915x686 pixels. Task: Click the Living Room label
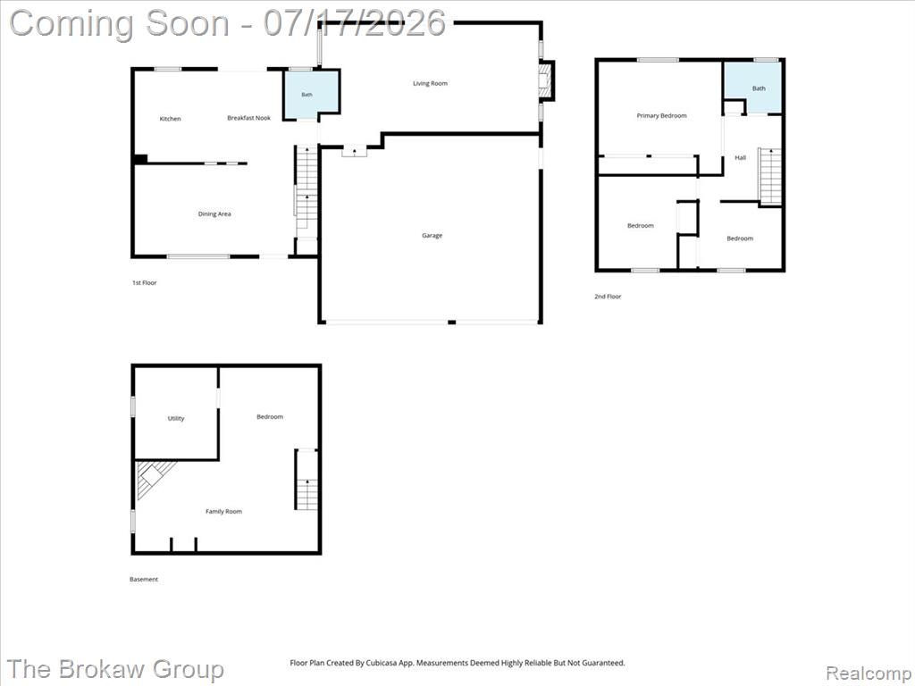pyautogui.click(x=430, y=83)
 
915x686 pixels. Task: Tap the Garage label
pyautogui.click(x=432, y=236)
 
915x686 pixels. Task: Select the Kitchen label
pyautogui.click(x=171, y=119)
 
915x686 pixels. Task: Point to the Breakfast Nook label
pyautogui.click(x=249, y=118)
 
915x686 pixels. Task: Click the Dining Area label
pyautogui.click(x=214, y=214)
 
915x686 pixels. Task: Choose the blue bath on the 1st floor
pyautogui.click(x=311, y=95)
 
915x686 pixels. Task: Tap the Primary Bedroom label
pyautogui.click(x=662, y=116)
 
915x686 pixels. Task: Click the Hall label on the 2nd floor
pyautogui.click(x=741, y=157)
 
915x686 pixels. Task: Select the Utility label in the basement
pyautogui.click(x=176, y=418)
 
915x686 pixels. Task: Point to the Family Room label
pyautogui.click(x=223, y=512)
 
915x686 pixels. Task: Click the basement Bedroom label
pyautogui.click(x=270, y=417)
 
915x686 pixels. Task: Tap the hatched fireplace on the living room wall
pyautogui.click(x=546, y=79)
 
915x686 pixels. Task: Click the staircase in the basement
pyautogui.click(x=306, y=480)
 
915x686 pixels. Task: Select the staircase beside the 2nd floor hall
pyautogui.click(x=770, y=176)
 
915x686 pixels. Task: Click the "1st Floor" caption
pyautogui.click(x=145, y=283)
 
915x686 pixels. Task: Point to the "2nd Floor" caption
pyautogui.click(x=608, y=297)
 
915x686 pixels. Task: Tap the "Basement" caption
pyautogui.click(x=144, y=579)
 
